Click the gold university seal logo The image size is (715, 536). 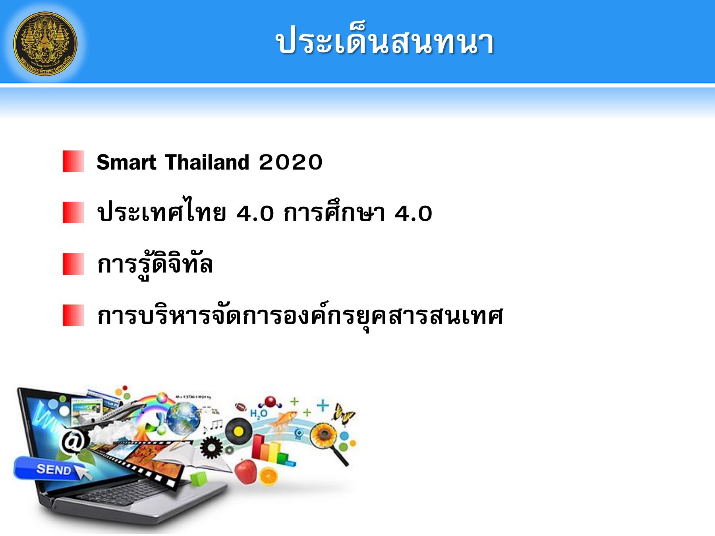pos(45,43)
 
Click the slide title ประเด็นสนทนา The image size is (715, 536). pos(385,42)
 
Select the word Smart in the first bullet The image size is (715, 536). pos(126,162)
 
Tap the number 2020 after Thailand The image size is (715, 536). pos(290,162)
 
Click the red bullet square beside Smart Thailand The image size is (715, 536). pos(73,161)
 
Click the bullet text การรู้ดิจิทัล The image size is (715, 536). pos(155,264)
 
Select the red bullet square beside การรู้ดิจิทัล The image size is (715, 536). pos(73,264)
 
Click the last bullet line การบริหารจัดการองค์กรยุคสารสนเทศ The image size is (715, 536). pos(300,316)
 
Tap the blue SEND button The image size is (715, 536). pos(50,469)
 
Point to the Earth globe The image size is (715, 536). pos(183,417)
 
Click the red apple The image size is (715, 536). pos(245,471)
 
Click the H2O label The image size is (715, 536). pos(258,414)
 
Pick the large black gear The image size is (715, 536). pos(211,447)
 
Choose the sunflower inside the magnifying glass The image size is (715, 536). pos(323,435)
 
